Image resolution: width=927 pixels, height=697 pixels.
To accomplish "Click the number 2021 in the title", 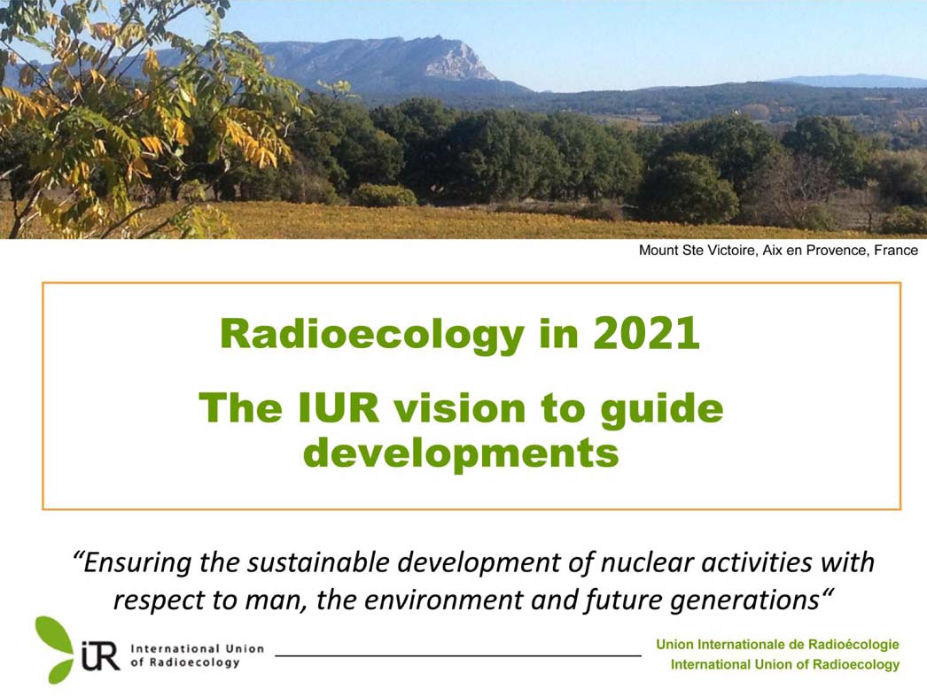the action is (646, 333).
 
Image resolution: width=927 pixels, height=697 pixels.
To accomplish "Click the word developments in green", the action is (461, 454).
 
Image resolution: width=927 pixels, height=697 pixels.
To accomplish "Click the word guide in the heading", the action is (662, 410).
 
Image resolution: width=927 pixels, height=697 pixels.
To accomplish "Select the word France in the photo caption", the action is (896, 250).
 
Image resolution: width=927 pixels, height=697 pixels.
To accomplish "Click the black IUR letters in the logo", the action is (100, 655).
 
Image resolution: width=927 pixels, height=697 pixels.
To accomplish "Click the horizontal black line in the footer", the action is (458, 654).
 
